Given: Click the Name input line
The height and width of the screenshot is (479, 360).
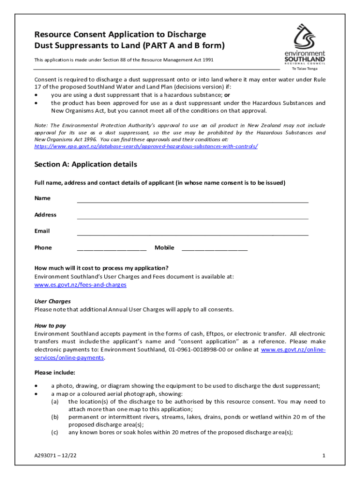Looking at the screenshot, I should point(192,201).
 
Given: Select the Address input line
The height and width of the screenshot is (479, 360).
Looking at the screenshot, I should point(192,218).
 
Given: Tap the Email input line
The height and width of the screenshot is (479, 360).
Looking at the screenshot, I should point(192,234).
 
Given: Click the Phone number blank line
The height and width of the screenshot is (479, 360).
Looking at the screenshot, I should point(111,250).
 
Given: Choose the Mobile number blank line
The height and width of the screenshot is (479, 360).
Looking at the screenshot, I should point(214,250).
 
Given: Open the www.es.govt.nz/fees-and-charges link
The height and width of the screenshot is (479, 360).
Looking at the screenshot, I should point(80,284).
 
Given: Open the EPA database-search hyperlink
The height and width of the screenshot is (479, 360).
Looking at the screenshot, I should point(146,146).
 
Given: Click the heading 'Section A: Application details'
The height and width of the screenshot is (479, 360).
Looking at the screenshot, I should point(86,165).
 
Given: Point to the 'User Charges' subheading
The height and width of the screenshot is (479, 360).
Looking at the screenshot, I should point(52,301).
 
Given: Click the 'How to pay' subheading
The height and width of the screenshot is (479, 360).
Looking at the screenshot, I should point(50,326).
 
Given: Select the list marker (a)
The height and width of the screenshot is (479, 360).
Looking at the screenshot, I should point(55,401).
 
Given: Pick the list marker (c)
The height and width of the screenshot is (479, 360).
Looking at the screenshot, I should point(55,433).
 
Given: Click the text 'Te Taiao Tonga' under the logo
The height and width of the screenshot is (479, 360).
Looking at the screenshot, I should point(304,69).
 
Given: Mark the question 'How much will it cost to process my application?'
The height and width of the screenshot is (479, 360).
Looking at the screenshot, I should point(101,268).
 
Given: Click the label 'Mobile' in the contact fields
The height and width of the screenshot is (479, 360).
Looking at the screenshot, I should point(164,247).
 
